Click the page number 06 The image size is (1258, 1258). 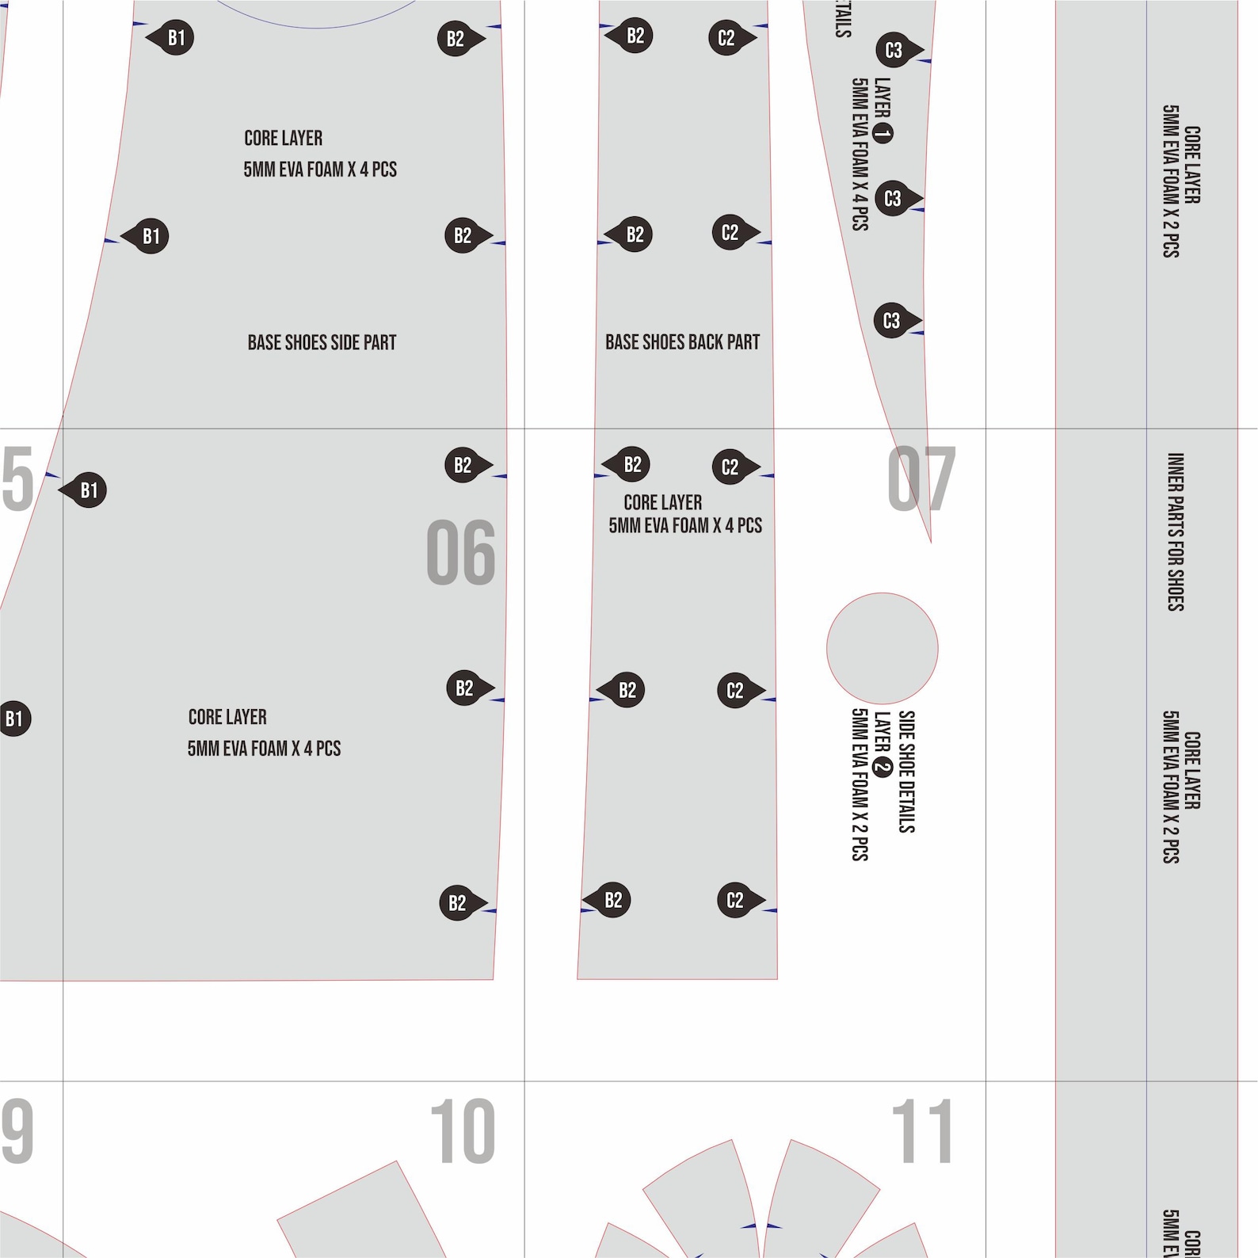(x=460, y=552)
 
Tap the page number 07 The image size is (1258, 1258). (x=921, y=478)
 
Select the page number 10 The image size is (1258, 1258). (x=463, y=1131)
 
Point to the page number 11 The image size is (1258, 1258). (x=922, y=1131)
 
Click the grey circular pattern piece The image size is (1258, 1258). (x=882, y=648)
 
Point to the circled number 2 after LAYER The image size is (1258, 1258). (x=882, y=767)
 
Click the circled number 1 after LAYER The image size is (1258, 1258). (x=883, y=133)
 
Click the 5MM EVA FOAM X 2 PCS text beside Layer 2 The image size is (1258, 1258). (x=860, y=784)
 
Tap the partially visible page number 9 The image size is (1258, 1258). (x=17, y=1131)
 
